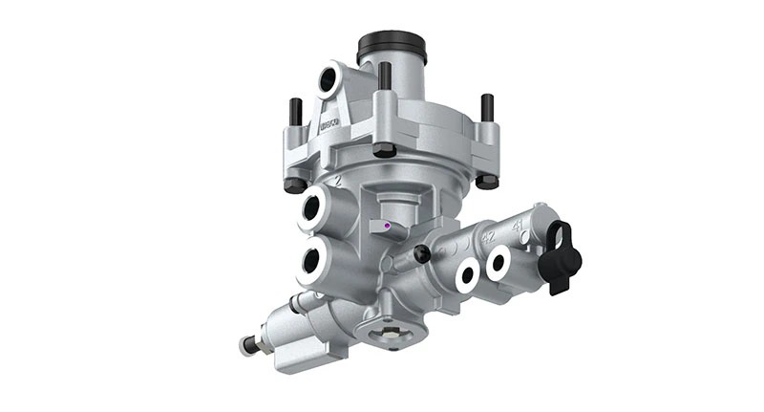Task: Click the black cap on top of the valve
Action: [392, 46]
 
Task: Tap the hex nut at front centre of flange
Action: [384, 149]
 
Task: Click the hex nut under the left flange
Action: [296, 184]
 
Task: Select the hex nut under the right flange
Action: [487, 179]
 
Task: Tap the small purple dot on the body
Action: [386, 227]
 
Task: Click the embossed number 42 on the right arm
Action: [488, 235]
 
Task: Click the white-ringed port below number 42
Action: [467, 276]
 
